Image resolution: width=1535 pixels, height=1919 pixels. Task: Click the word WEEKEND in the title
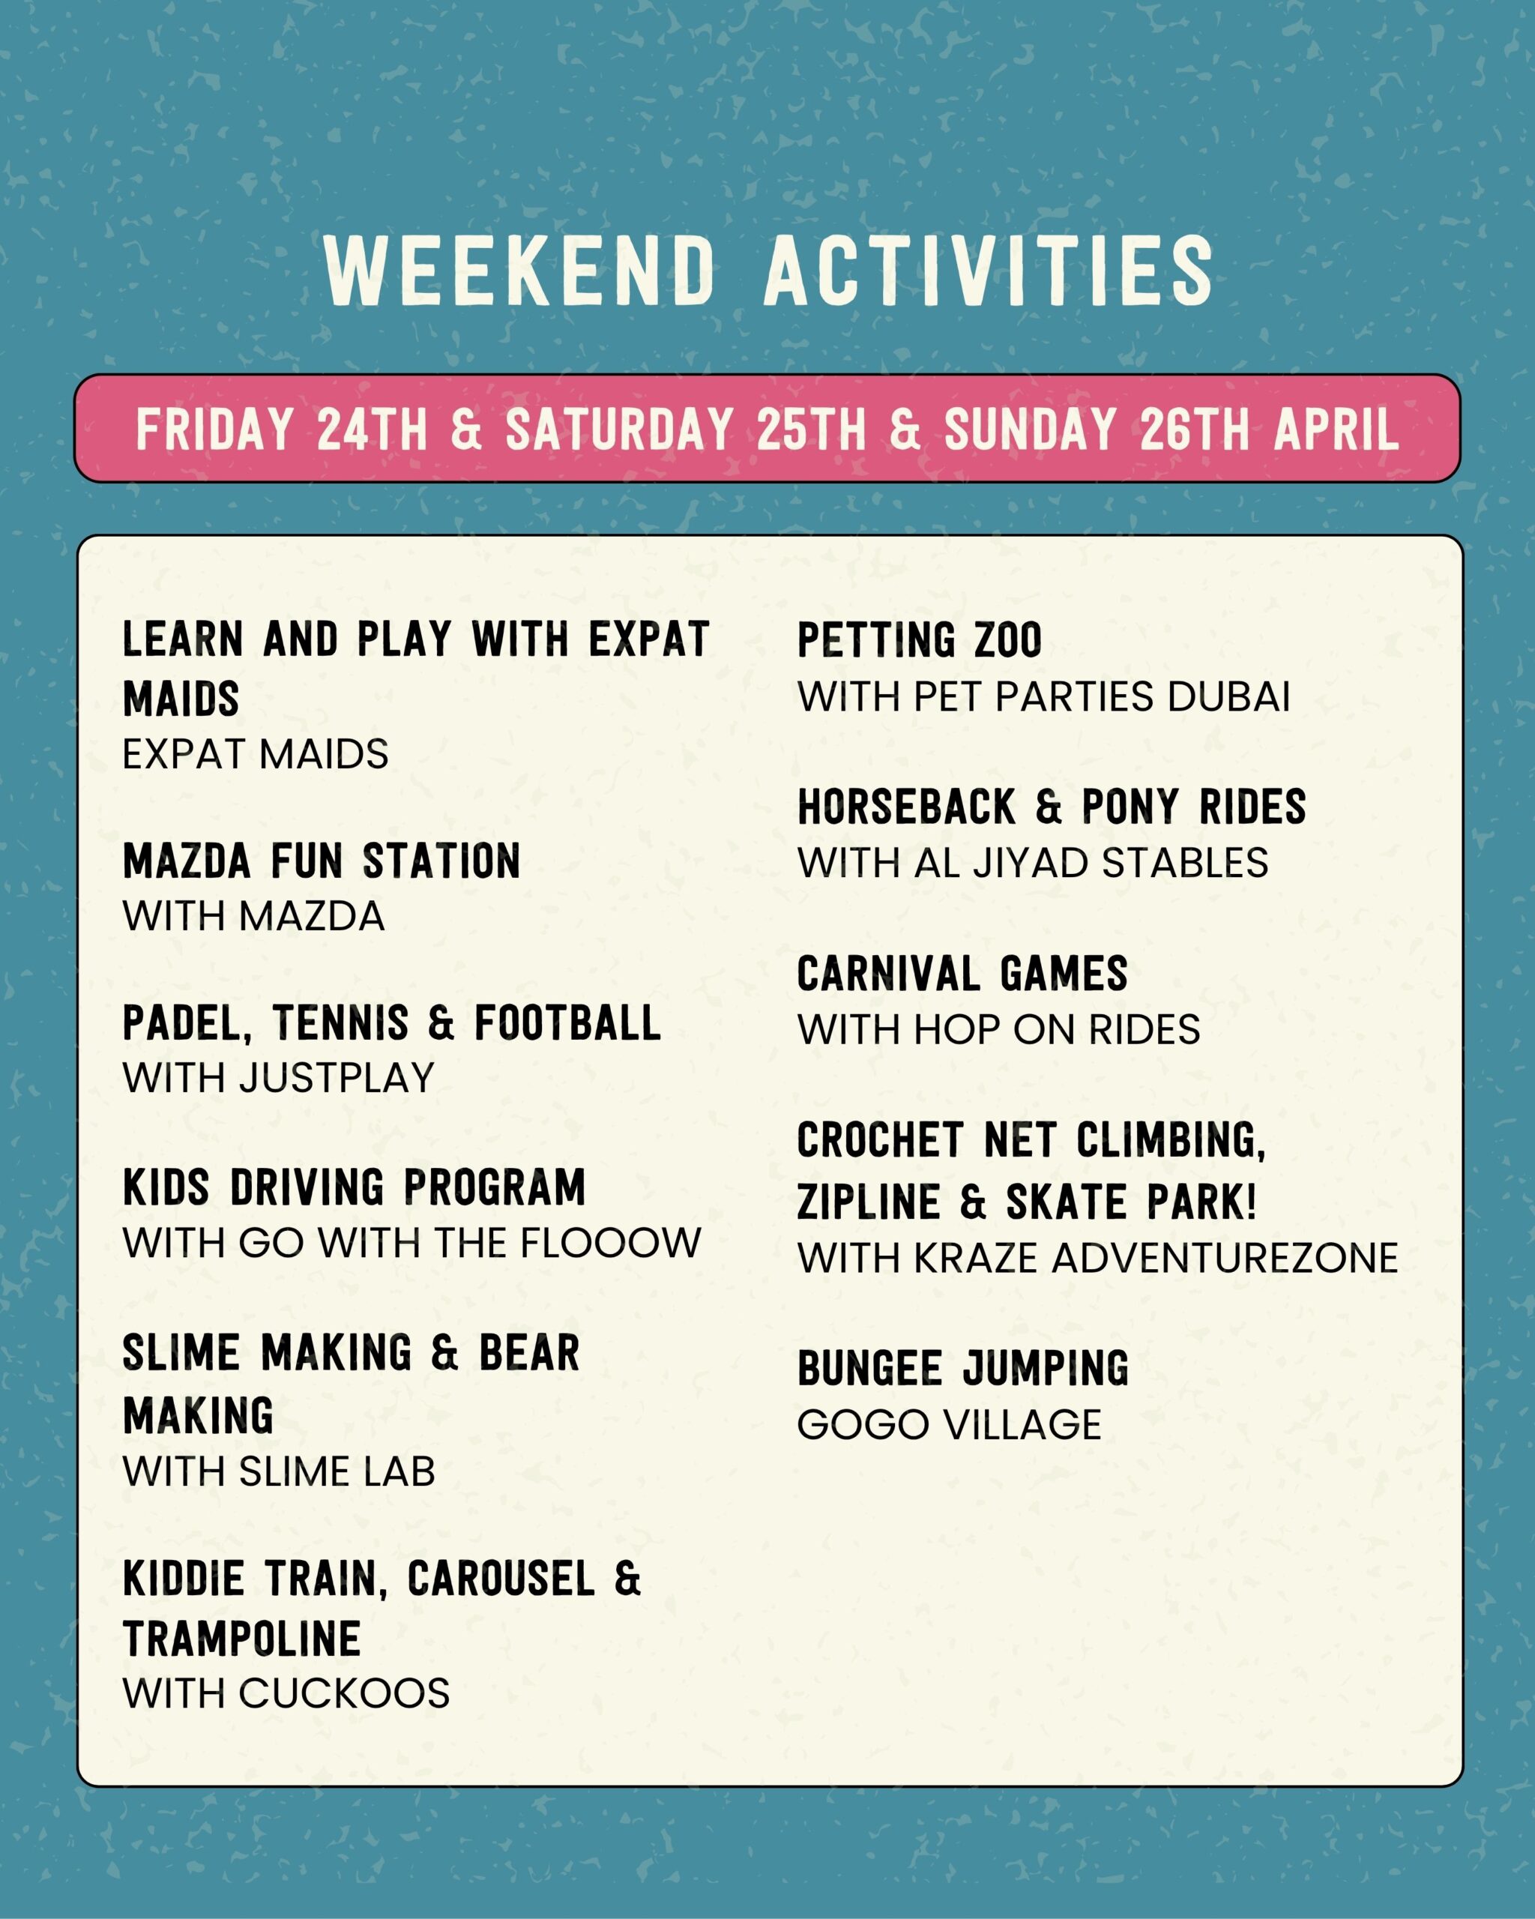[x=521, y=271]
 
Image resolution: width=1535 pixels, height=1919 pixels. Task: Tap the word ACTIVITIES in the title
[x=989, y=271]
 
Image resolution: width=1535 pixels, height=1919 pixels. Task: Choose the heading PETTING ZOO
[x=919, y=641]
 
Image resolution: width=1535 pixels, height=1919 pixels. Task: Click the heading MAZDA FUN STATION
[x=322, y=861]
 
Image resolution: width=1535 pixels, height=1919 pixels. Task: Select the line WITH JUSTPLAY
[x=279, y=1078]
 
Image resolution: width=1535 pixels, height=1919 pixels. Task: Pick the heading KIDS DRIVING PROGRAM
[x=355, y=1187]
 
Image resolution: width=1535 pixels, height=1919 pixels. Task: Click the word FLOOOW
[x=612, y=1244]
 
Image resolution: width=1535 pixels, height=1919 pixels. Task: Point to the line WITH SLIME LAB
[x=279, y=1471]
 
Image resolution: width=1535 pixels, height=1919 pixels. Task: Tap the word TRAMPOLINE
[x=242, y=1639]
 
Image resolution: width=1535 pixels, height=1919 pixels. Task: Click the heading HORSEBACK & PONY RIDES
[x=1052, y=807]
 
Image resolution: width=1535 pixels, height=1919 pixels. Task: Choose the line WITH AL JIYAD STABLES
[x=1033, y=863]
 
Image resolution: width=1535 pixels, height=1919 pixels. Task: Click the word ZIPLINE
[x=869, y=1202]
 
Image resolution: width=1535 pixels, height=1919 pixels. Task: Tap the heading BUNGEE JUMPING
[x=963, y=1369]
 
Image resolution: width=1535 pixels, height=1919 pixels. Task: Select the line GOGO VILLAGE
[x=950, y=1425]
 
